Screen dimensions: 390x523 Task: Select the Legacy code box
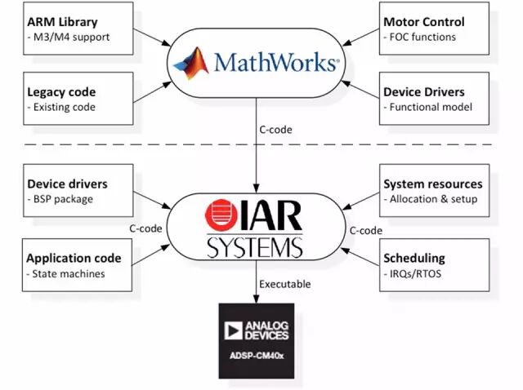66,99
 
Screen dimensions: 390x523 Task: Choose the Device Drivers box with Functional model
434,99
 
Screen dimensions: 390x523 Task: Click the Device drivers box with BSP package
66,191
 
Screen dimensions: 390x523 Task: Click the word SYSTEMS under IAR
254,246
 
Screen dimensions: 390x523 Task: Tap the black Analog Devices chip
256,339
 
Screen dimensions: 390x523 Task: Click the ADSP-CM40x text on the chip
256,356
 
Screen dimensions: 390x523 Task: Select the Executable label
286,284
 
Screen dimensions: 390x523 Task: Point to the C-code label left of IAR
145,230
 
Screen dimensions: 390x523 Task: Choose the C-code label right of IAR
366,230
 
